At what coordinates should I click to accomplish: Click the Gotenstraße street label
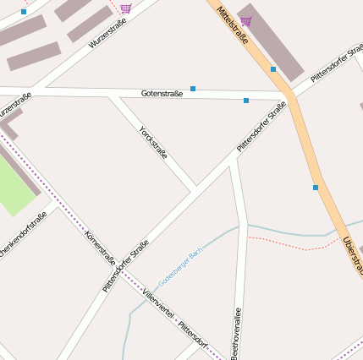[162, 93]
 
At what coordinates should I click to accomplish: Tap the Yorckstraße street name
[153, 144]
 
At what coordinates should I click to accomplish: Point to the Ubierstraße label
[351, 254]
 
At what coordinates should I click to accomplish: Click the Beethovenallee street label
[237, 335]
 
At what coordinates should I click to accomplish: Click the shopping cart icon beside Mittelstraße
[245, 21]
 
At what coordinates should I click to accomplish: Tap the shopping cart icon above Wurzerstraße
[125, 8]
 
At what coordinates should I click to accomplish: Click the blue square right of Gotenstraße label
[193, 88]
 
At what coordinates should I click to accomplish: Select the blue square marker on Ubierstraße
[316, 188]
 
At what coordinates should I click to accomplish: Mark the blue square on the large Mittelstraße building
[273, 69]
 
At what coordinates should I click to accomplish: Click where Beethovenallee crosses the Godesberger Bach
[243, 226]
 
